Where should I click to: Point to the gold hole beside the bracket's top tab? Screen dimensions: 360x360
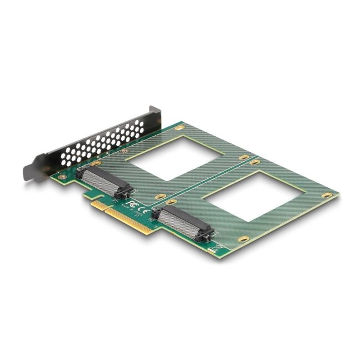178,128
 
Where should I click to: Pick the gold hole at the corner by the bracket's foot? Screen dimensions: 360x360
63,177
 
